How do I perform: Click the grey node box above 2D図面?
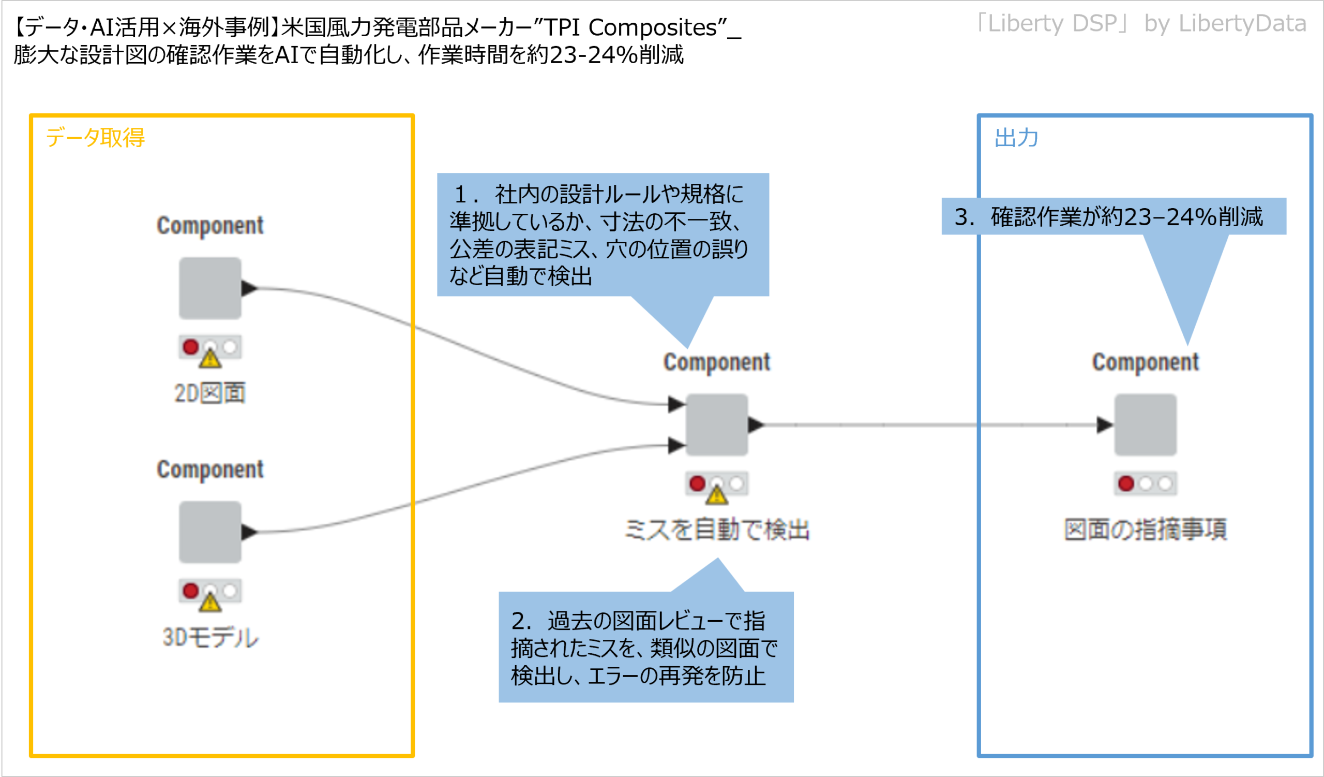tap(209, 288)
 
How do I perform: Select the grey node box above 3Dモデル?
tap(209, 532)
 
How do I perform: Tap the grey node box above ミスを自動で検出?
tap(717, 425)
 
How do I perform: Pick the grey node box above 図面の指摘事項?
tap(1146, 425)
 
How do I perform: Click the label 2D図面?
tap(209, 393)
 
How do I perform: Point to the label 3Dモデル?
tap(210, 637)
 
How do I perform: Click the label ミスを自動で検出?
tap(717, 530)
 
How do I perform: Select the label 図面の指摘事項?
tap(1146, 530)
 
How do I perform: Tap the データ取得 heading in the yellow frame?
tap(95, 138)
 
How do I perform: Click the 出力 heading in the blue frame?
tap(1016, 138)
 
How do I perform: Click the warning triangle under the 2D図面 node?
tap(210, 359)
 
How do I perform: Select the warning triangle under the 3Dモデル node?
tap(210, 603)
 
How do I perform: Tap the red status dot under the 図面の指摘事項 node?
tap(1126, 483)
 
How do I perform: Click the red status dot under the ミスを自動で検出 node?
tap(697, 483)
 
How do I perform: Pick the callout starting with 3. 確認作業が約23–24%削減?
tap(1114, 216)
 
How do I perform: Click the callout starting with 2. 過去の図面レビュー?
tap(646, 648)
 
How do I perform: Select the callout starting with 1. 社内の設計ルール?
tap(603, 234)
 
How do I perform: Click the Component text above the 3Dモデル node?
tap(210, 470)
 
